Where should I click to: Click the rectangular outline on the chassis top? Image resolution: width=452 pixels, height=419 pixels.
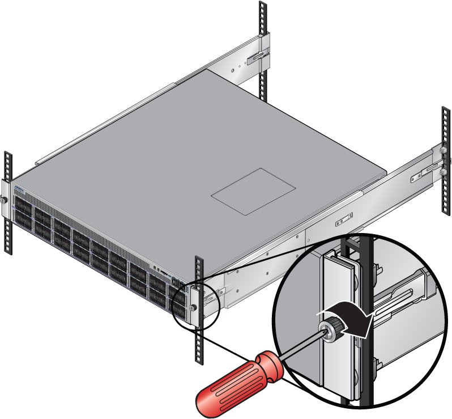254,191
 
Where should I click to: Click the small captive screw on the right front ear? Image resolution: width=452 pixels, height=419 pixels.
194,307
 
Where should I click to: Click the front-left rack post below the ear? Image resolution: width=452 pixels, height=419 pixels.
7,232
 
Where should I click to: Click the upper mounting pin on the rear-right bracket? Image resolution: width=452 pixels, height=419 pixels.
441,151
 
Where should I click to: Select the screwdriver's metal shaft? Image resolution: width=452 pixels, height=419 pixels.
301,346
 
